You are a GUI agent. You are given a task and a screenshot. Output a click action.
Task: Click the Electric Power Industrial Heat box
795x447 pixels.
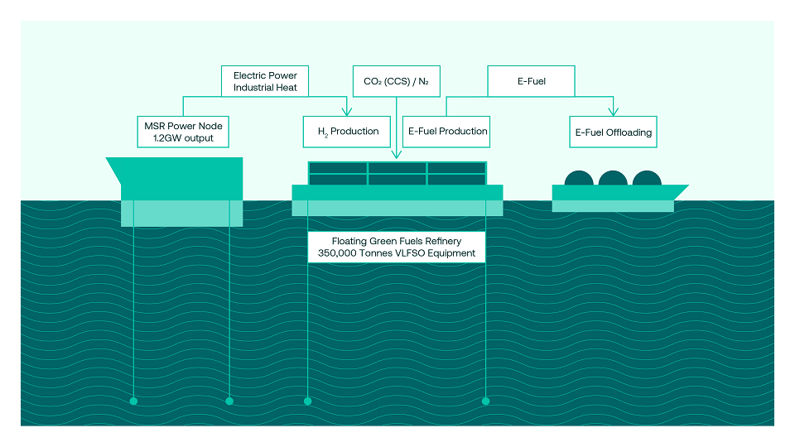pos(265,81)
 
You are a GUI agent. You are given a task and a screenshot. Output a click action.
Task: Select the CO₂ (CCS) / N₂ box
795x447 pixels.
pos(397,81)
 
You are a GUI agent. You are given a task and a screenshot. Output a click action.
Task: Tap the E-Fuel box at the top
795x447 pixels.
pos(532,81)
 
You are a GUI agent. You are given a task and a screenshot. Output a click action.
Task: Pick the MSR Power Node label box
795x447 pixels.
pos(183,132)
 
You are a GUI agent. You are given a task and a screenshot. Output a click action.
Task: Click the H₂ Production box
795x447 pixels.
pos(347,132)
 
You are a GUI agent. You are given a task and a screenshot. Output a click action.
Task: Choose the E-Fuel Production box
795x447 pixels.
pos(446,132)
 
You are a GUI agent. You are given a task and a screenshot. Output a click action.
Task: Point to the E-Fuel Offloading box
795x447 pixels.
pos(613,132)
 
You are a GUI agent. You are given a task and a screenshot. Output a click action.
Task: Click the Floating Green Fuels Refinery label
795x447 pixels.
pos(397,248)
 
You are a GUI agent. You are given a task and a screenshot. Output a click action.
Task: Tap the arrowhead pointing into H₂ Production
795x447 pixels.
pos(347,112)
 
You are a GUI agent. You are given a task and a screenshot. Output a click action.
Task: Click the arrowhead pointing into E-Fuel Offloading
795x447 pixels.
pos(614,112)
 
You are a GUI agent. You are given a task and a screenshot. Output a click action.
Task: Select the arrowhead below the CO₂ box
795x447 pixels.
pos(397,155)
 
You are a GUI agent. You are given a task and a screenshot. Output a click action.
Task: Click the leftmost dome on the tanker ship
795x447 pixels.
pos(579,179)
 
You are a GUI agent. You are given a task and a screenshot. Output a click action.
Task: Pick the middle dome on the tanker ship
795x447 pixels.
pos(613,179)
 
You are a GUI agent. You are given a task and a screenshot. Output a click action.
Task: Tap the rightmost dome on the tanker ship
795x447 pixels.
pos(647,179)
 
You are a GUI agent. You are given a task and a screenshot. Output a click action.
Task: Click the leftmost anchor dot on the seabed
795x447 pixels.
pos(133,401)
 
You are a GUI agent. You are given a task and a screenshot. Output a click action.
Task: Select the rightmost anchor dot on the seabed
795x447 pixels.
pos(486,401)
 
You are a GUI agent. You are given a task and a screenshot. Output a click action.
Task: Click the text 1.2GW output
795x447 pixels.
pos(183,138)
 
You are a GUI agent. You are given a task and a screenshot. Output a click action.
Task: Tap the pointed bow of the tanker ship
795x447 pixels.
pos(687,186)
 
